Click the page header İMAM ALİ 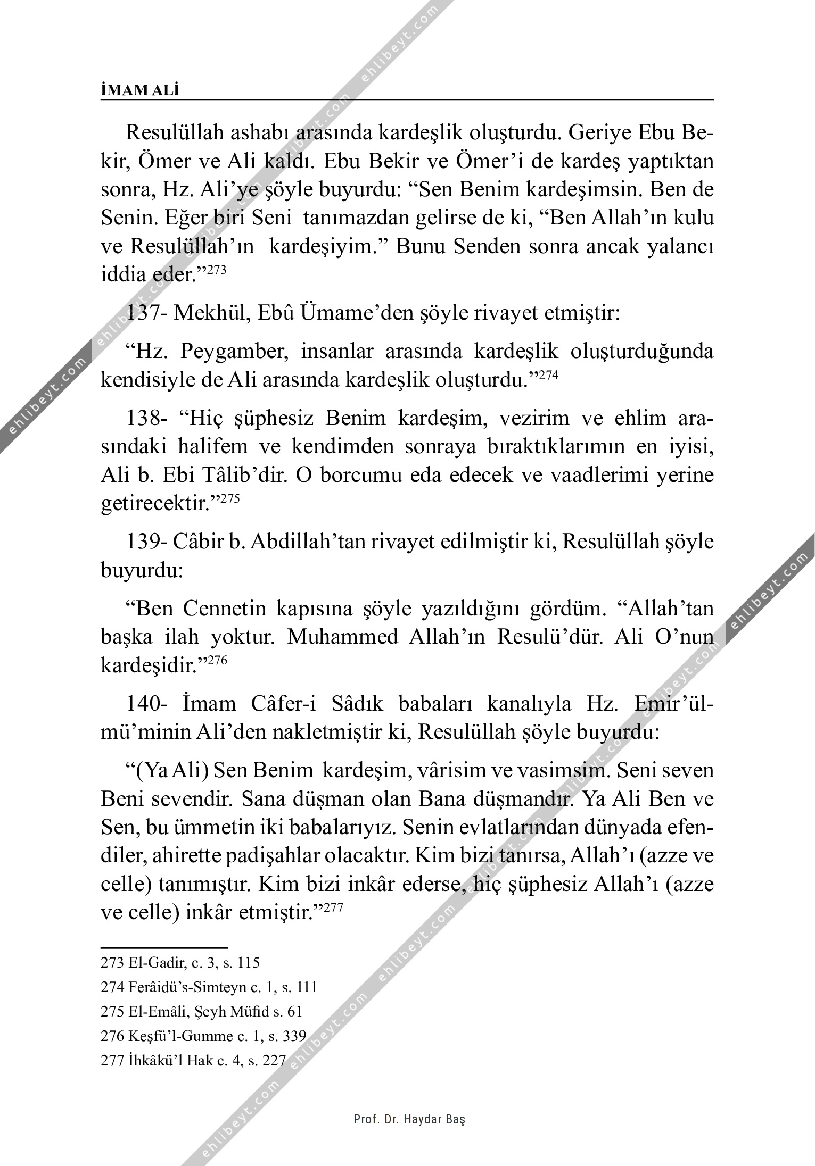click(x=140, y=90)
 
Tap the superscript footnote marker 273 click(x=217, y=270)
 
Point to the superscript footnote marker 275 click(x=232, y=498)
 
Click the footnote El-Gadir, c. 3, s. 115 click(x=180, y=962)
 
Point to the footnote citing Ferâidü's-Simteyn click(x=209, y=987)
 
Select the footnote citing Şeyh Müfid click(x=201, y=1012)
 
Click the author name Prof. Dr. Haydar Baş click(x=409, y=1119)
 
